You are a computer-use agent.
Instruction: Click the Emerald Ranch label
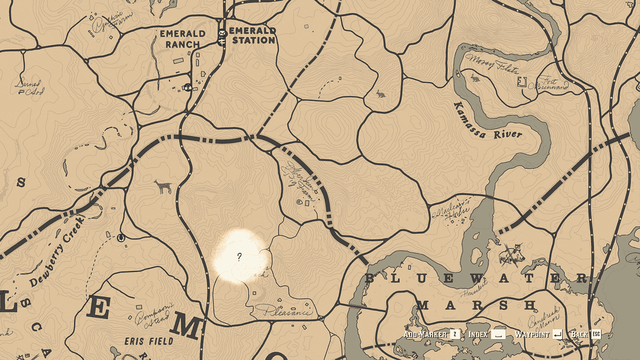click(x=182, y=39)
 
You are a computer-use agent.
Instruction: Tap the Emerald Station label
click(x=252, y=35)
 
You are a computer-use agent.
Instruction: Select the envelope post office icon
click(x=222, y=34)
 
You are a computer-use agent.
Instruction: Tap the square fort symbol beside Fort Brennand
click(x=522, y=82)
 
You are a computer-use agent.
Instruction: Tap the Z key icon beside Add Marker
click(x=455, y=334)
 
